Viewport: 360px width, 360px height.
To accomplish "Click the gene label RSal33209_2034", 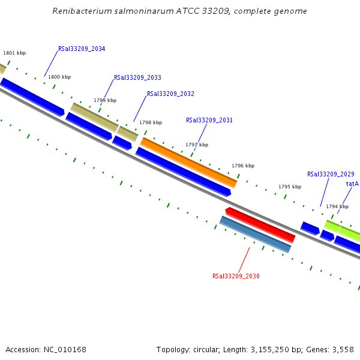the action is tap(82, 49).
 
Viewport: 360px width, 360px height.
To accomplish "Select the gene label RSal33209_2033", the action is tap(137, 78).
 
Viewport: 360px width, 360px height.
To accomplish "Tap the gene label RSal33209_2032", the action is tap(170, 94).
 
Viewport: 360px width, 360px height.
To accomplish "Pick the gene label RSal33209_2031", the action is tap(209, 121).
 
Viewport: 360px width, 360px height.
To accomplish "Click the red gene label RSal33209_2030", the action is tap(236, 277).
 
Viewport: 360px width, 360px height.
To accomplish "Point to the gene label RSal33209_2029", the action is tap(331, 175).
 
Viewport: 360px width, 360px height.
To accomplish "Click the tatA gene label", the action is tap(352, 184).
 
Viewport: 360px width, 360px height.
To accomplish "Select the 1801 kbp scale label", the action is tap(14, 53).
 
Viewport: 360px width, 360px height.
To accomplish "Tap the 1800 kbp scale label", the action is tap(59, 77).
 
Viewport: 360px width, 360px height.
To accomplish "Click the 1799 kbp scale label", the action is tap(105, 101).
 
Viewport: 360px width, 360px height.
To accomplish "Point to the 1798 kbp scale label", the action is tap(151, 123).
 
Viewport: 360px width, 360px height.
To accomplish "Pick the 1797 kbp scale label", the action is tap(197, 145).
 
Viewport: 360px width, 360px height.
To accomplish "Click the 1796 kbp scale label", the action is tap(243, 166).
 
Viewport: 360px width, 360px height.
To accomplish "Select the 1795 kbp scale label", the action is tap(290, 187).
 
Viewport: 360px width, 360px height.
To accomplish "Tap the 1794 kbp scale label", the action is tap(337, 207).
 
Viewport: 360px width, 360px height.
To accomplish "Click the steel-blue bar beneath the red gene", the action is tap(255, 235).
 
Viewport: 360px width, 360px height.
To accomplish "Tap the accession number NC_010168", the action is tap(65, 350).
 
